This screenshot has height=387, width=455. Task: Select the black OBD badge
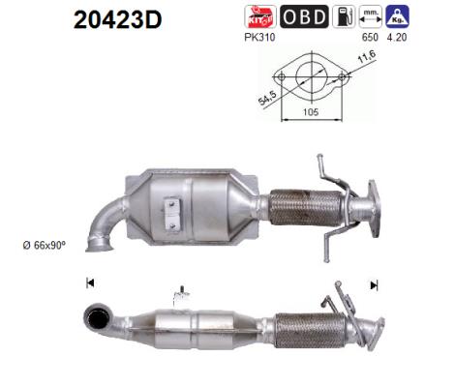tap(302, 18)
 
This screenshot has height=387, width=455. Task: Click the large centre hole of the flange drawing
tap(306, 77)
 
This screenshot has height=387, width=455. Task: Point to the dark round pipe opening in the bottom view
tap(97, 316)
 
